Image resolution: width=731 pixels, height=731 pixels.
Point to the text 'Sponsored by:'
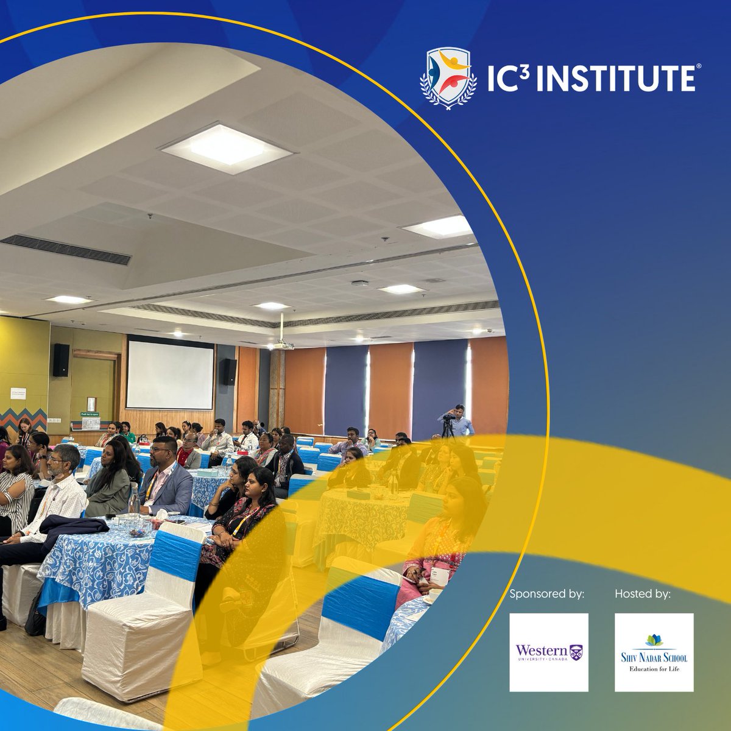point(546,593)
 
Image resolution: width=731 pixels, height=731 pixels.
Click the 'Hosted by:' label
point(643,593)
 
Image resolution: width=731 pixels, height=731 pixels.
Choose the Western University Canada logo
point(549,652)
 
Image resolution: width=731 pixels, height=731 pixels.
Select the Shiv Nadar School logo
point(654,652)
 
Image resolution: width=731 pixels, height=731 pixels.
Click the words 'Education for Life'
point(654,669)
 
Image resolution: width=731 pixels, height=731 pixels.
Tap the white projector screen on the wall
point(170,375)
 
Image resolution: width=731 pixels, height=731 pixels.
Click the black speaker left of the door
point(61,360)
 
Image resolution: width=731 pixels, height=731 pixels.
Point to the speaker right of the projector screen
point(228,372)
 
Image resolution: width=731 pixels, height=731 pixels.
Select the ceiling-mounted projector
point(283,344)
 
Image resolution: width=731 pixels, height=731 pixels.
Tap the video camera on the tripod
point(450,420)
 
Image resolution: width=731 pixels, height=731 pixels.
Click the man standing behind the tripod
point(461,420)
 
